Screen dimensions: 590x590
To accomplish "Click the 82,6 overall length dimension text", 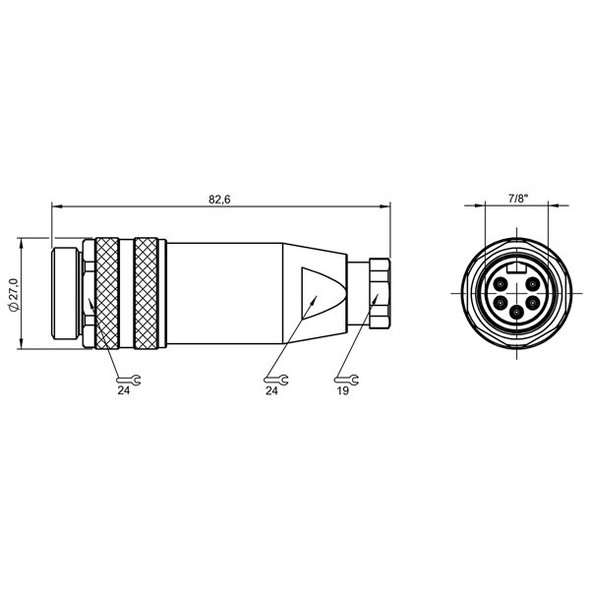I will click(x=220, y=200).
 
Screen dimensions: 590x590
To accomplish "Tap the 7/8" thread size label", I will click(x=517, y=199).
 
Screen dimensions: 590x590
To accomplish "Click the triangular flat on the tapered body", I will click(x=317, y=294).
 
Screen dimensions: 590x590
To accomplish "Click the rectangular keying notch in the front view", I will click(x=517, y=268).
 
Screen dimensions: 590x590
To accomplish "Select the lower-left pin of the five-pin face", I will click(x=498, y=301).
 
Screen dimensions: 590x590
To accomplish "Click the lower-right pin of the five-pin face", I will click(x=536, y=301).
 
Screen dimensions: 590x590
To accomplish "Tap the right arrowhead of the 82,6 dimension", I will click(x=387, y=208).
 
